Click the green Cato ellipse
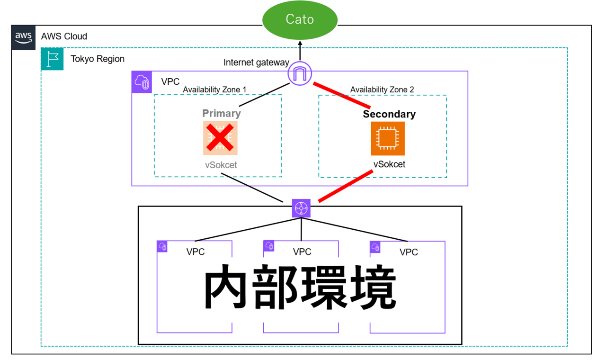300,20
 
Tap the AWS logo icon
23,37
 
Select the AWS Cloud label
64,36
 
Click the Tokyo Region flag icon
52,59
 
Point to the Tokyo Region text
98,59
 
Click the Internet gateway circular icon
300,74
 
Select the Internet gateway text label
256,63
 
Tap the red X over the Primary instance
220,138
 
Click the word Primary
222,113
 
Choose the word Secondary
389,114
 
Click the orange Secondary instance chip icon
388,138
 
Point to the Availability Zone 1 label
214,90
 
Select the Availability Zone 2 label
382,90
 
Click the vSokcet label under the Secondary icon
389,164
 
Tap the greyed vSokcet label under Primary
221,165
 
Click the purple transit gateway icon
301,208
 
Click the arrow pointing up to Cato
300,50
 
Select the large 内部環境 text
300,289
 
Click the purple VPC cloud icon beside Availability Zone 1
142,82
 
